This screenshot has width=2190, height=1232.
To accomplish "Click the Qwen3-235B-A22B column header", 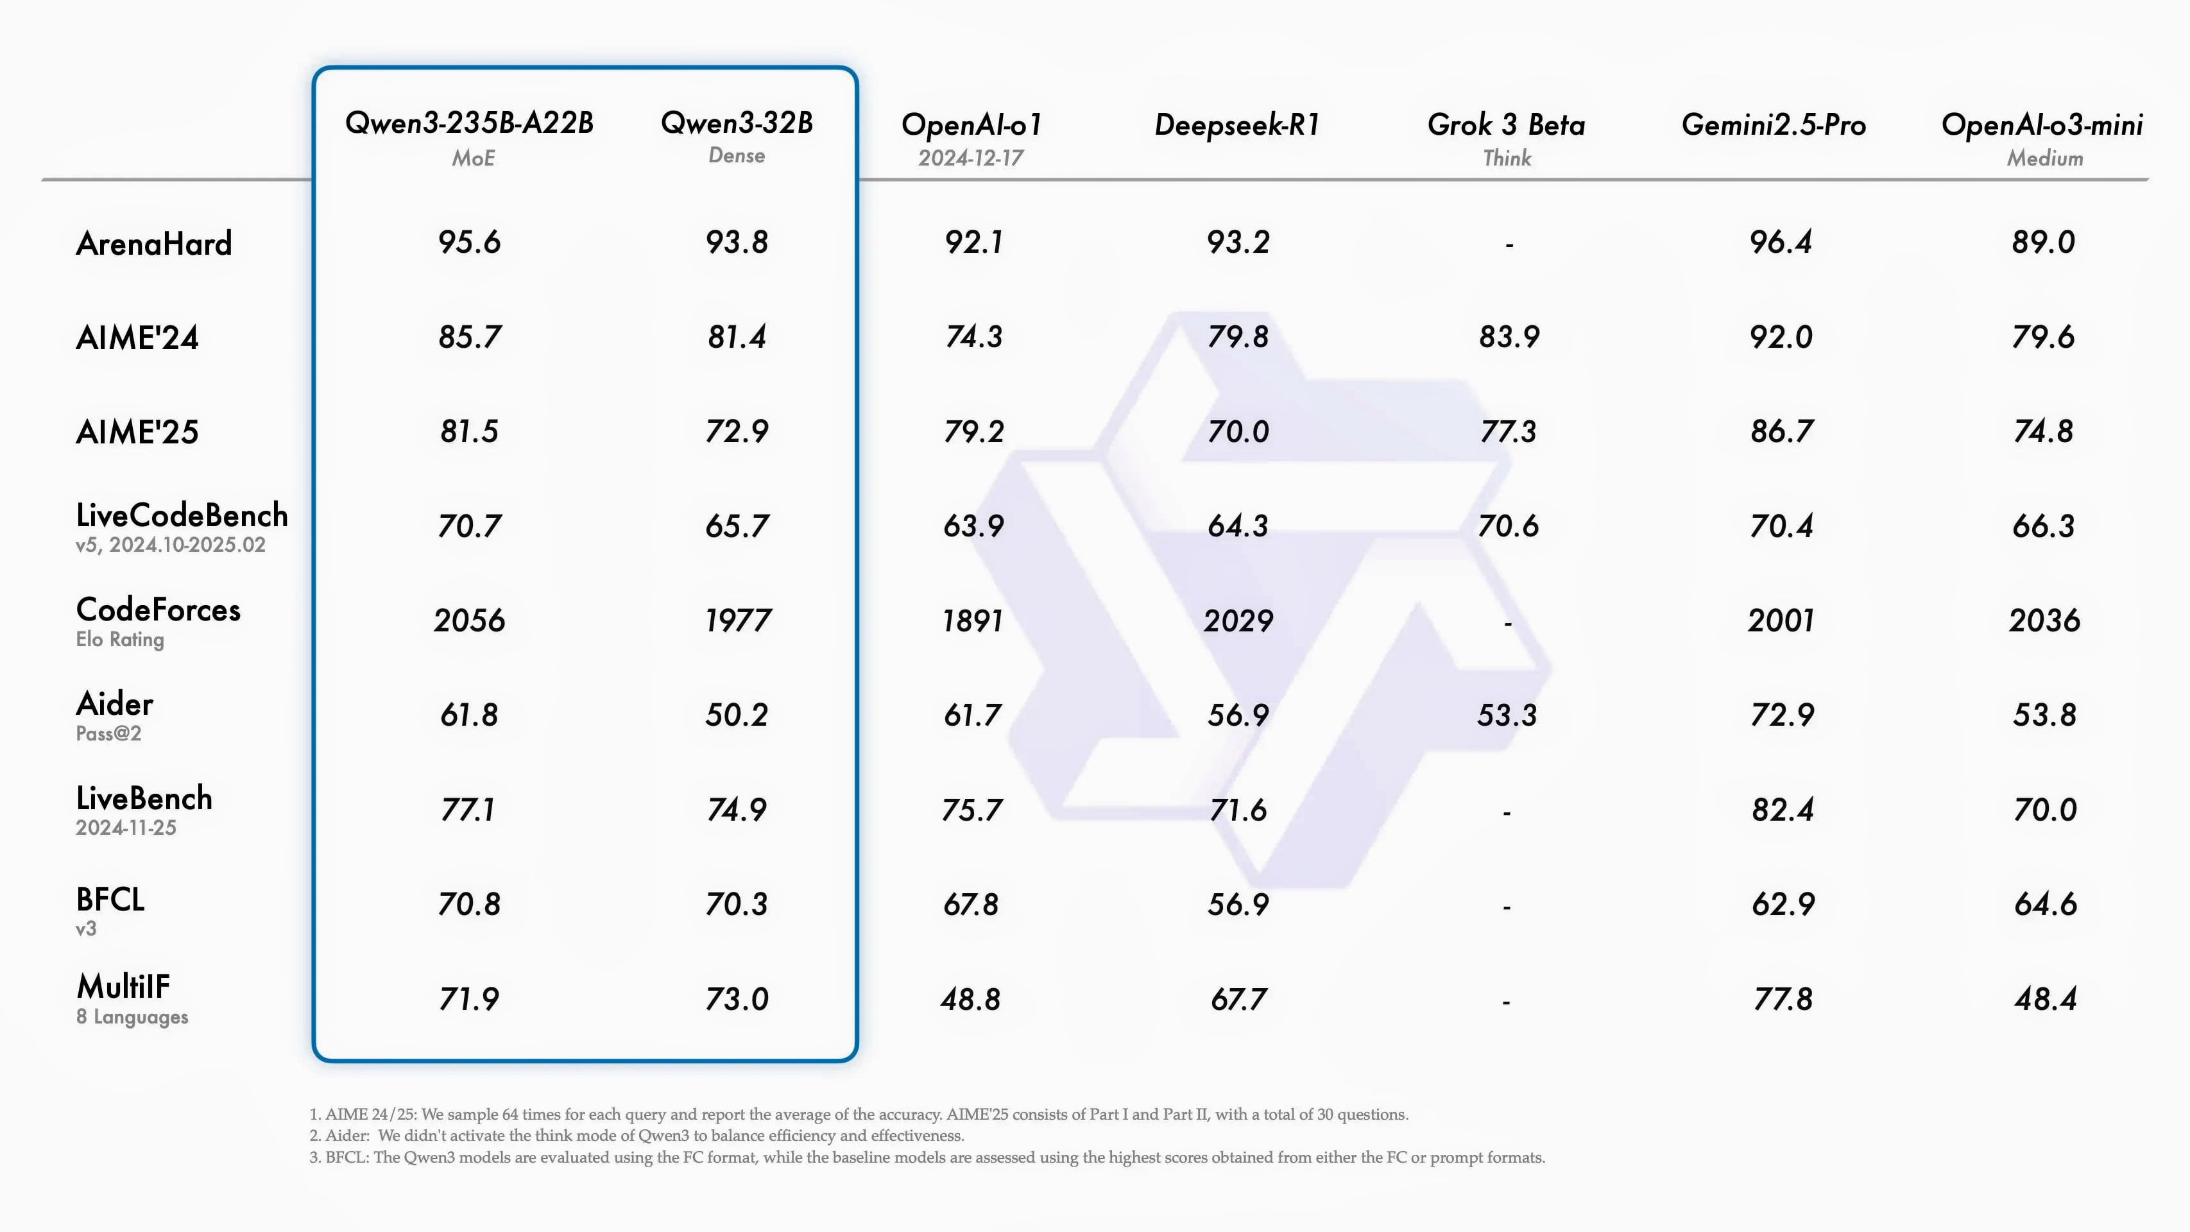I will click(x=469, y=123).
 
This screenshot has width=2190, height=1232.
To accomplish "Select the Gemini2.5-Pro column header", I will click(x=1774, y=125).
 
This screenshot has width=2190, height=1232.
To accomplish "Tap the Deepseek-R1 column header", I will click(x=1237, y=125).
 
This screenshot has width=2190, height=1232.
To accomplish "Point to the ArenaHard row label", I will click(x=154, y=244).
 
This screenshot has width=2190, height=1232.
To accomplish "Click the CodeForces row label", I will click(x=158, y=610).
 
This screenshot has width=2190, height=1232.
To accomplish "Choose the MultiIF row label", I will click(x=123, y=986).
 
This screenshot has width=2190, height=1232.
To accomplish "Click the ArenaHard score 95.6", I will click(x=469, y=243).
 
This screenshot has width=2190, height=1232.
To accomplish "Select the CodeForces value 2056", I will click(x=469, y=620).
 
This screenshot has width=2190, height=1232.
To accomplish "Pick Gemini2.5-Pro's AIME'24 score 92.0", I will click(x=1781, y=338).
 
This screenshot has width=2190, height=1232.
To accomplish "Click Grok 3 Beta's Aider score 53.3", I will click(x=1507, y=715).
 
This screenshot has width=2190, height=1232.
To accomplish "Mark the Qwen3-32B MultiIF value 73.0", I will click(x=736, y=999).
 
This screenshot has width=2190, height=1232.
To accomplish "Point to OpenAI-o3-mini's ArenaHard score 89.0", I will click(x=2043, y=243).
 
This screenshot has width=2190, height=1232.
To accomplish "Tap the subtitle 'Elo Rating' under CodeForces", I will click(x=120, y=639).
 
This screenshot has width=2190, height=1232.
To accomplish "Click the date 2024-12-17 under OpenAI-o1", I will click(x=971, y=158).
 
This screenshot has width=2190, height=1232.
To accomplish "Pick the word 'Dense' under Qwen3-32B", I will click(x=736, y=155).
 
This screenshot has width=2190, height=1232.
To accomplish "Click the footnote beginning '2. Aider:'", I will click(x=637, y=1136).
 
